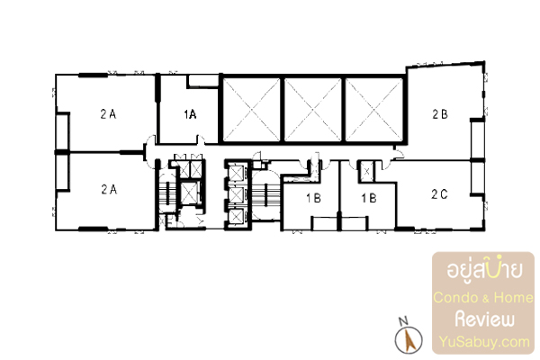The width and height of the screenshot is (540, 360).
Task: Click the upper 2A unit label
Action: point(108,114)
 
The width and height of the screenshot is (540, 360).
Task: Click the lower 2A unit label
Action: point(109,189)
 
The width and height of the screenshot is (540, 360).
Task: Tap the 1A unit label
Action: point(190,114)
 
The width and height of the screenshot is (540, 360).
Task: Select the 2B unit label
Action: point(440,114)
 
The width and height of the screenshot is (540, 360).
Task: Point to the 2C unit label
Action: point(439,194)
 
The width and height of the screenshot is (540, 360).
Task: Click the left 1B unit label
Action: point(313,198)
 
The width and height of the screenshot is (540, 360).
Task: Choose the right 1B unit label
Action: point(369,198)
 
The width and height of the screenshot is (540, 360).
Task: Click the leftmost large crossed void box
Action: point(251,110)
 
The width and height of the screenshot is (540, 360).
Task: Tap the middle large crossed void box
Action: point(312,110)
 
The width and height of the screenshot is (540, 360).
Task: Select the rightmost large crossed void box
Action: point(374,110)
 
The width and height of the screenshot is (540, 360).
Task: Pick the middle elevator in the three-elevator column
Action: point(236,195)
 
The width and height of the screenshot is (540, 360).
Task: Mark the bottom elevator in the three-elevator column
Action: point(236,217)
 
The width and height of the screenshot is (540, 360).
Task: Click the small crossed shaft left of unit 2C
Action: point(367,172)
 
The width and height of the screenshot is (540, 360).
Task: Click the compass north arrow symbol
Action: point(409,339)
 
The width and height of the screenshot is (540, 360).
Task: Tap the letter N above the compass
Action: point(403,321)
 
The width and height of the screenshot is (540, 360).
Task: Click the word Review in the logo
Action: point(484,319)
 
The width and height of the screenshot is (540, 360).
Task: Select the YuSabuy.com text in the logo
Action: point(484,342)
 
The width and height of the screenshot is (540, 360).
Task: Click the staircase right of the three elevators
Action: point(265,195)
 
